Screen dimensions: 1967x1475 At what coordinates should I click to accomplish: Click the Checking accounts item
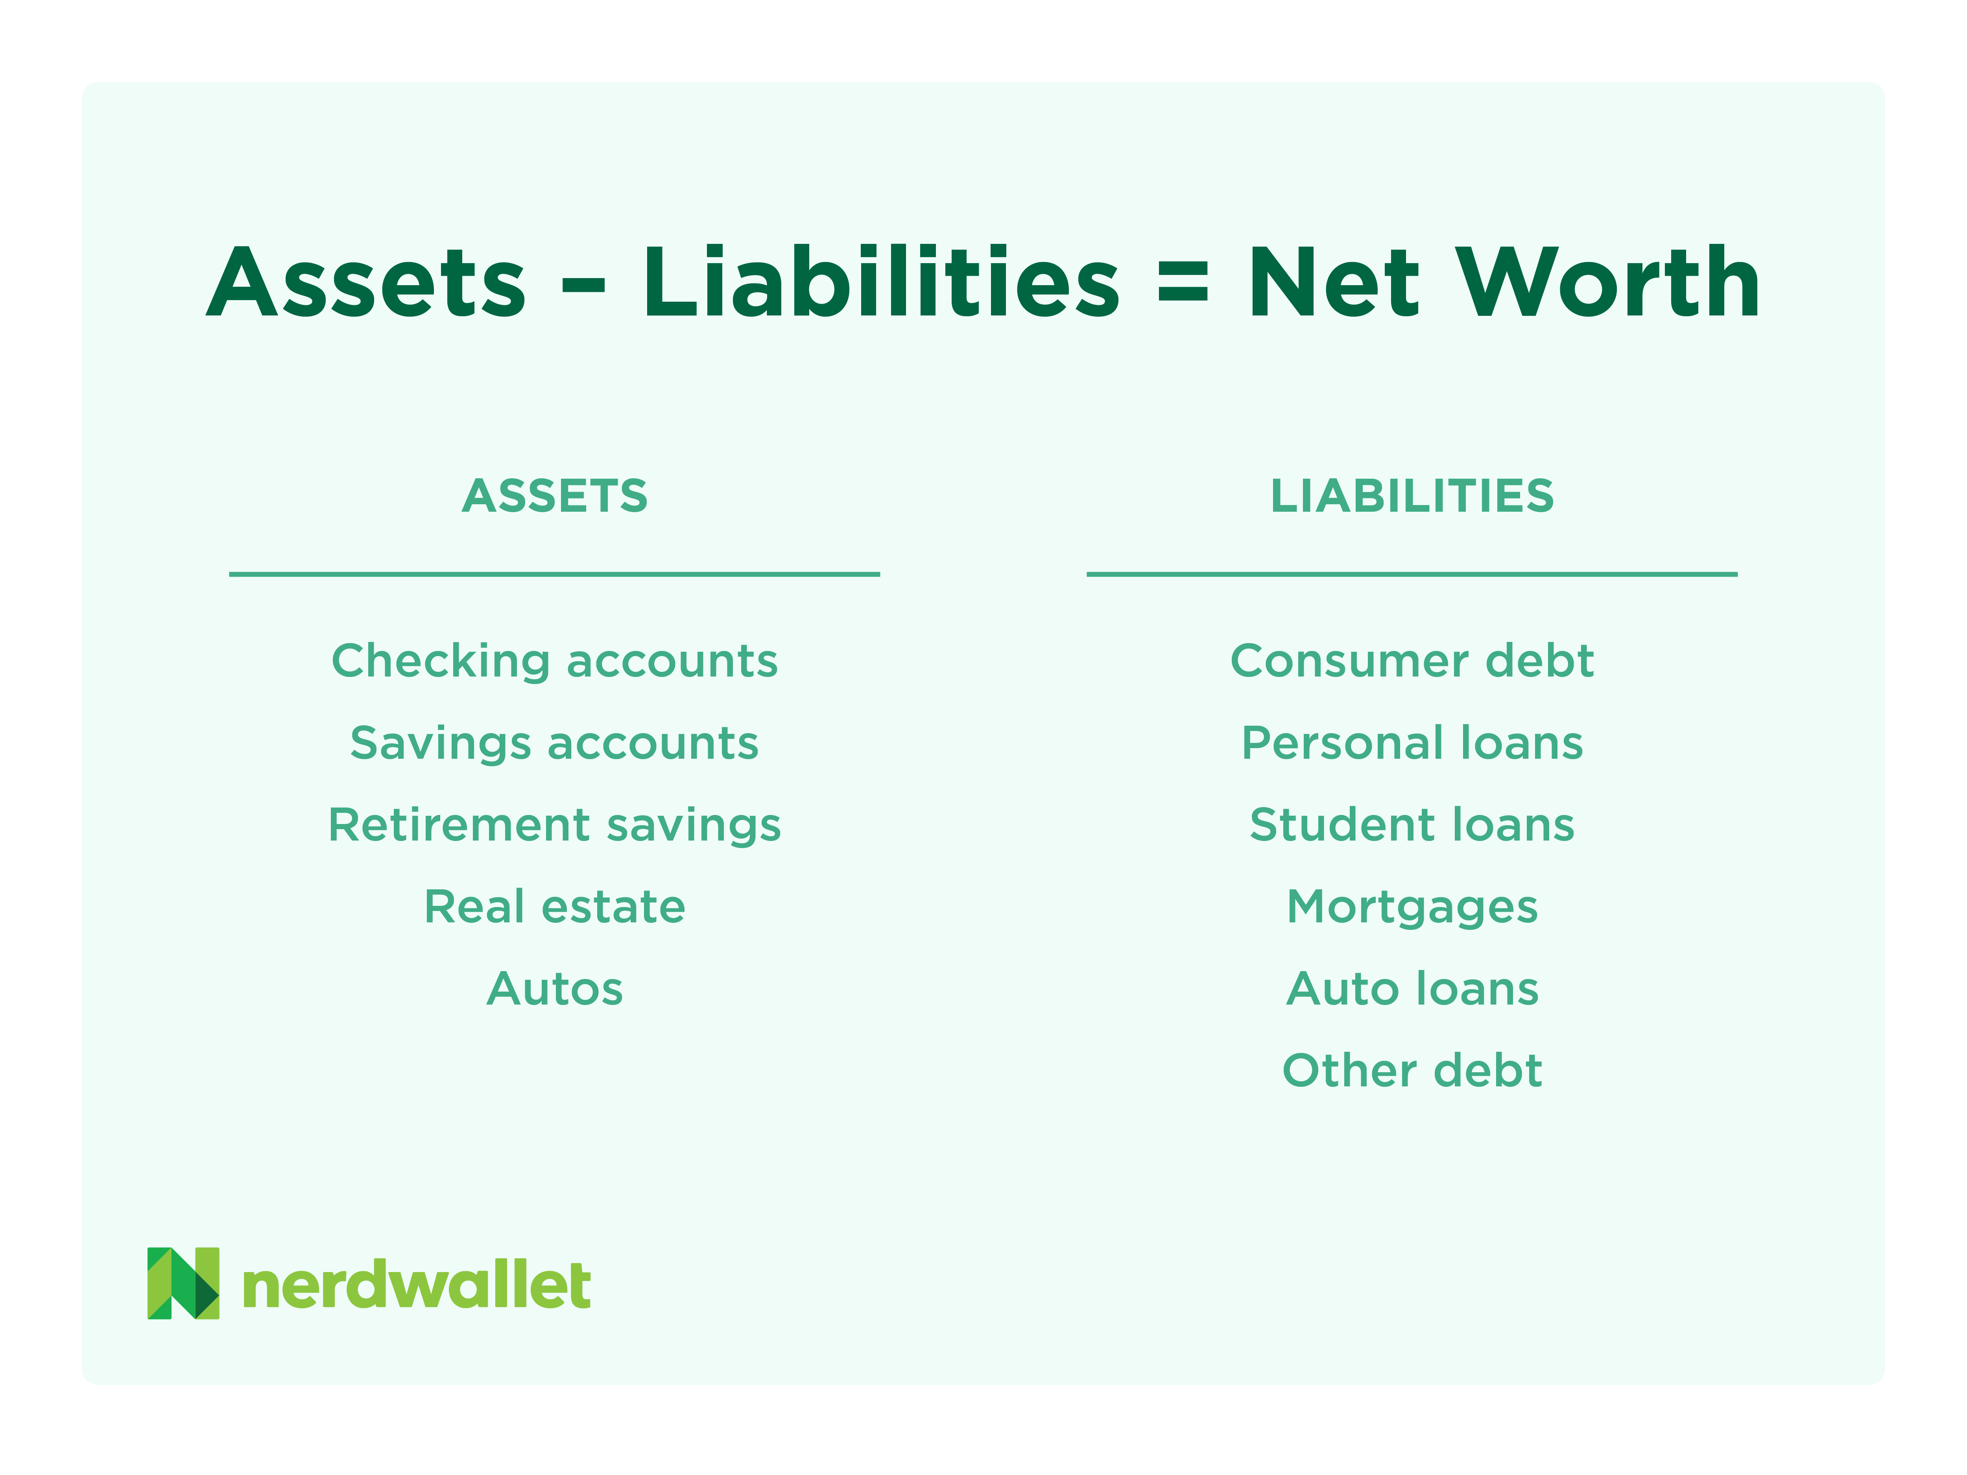[555, 660]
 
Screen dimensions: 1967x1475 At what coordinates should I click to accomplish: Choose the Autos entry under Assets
[555, 989]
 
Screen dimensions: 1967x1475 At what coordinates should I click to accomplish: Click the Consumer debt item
[1412, 660]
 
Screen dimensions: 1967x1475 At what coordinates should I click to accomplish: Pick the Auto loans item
[1412, 989]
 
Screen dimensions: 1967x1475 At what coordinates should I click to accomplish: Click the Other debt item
[1412, 1071]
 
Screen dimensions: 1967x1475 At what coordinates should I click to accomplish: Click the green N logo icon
[183, 1283]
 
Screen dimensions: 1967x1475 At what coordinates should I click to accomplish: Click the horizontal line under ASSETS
[555, 574]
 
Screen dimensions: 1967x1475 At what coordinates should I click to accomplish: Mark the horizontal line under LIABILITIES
[1412, 574]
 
